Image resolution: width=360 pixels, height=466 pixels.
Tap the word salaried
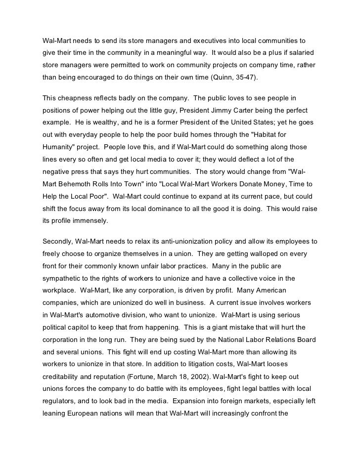(x=304, y=52)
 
